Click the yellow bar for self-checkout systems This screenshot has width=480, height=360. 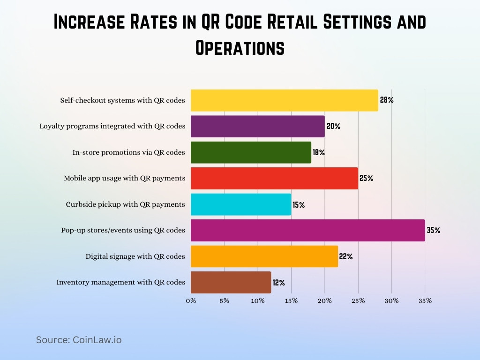(x=284, y=100)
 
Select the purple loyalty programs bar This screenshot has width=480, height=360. (x=257, y=127)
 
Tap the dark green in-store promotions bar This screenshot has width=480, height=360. (x=251, y=152)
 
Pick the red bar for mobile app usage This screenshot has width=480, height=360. (x=274, y=179)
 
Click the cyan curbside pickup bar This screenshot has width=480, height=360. (x=241, y=204)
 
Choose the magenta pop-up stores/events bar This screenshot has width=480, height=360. (x=307, y=231)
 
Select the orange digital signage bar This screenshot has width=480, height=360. (x=264, y=256)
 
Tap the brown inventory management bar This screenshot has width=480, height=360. (x=231, y=283)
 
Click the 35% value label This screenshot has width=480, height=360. (x=433, y=231)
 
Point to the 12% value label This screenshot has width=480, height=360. (x=279, y=283)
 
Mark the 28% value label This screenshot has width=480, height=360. (x=386, y=100)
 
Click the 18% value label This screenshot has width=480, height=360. (x=319, y=152)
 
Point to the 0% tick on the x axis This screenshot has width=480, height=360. (x=191, y=300)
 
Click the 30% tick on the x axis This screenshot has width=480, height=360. (x=391, y=300)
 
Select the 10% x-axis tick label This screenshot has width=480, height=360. (x=258, y=300)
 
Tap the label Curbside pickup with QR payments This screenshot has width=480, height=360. (x=125, y=204)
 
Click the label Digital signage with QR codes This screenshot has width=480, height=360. (x=135, y=256)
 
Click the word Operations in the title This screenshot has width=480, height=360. (x=240, y=48)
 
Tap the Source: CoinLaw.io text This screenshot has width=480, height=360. (x=79, y=340)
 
